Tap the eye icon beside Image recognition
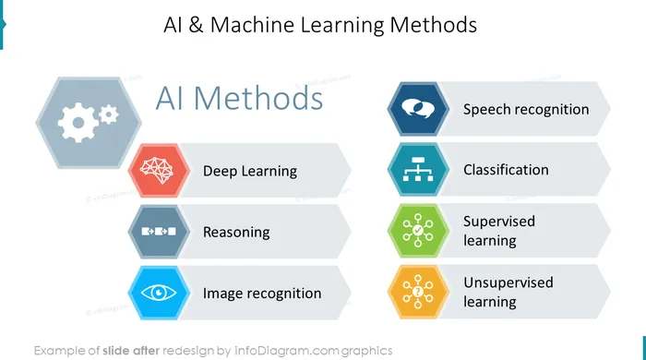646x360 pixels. coord(159,293)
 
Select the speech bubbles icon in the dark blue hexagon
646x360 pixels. coord(418,109)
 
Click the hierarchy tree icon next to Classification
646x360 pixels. coord(418,169)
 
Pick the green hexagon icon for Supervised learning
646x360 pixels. coord(418,230)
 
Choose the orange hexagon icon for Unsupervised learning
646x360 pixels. coord(418,292)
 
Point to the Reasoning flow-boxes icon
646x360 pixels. coord(159,232)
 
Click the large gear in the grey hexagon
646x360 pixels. coord(78,123)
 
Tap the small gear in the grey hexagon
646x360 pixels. coord(109,114)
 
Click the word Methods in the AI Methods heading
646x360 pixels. coord(258,99)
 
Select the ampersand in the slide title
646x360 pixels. coord(196,25)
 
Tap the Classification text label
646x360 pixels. coord(506,170)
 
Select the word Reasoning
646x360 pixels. coord(236,233)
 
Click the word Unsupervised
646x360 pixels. coord(508,283)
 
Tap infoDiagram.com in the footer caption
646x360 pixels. coord(287,351)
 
